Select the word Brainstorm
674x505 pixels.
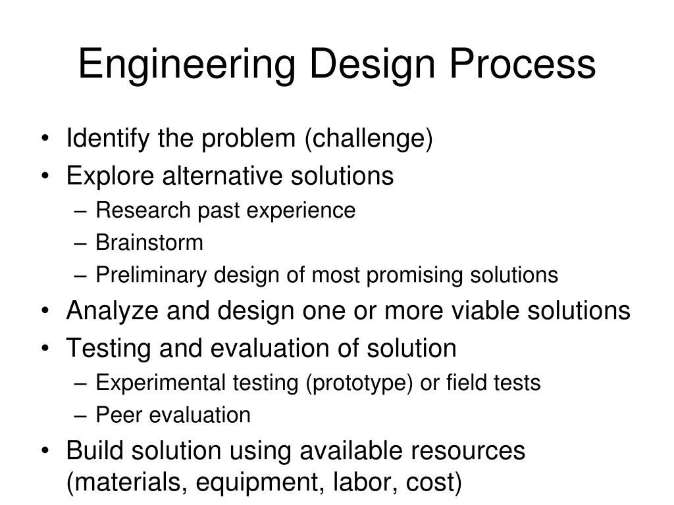coord(149,243)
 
